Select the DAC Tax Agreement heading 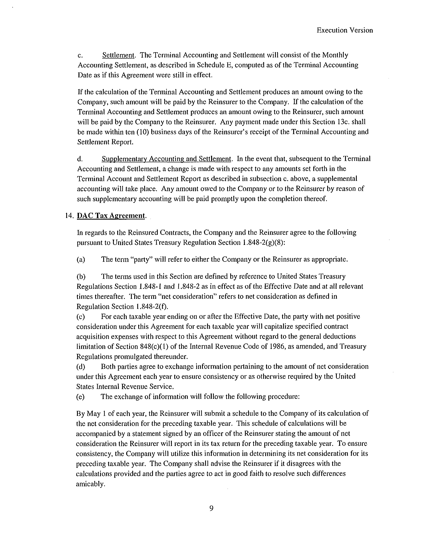click(111, 216)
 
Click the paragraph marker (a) click(81, 259)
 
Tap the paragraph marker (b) click(81, 276)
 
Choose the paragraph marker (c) click(81, 317)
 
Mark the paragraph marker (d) click(81, 367)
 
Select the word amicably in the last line click(90, 484)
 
